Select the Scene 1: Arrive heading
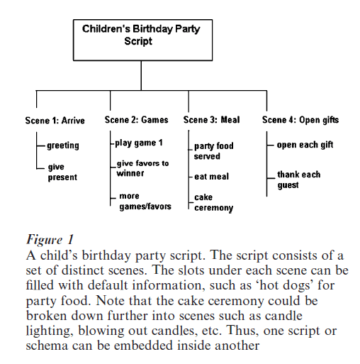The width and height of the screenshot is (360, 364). point(55,121)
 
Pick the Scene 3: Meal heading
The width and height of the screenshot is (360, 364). point(211,120)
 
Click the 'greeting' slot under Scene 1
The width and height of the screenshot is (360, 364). point(63,145)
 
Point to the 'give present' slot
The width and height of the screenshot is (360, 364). point(62,172)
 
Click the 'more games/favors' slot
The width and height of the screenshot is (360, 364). point(140,201)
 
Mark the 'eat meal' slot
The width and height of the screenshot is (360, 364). point(212,177)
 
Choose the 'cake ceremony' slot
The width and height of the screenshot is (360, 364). point(213,203)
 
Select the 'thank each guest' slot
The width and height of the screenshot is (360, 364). point(298,180)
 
